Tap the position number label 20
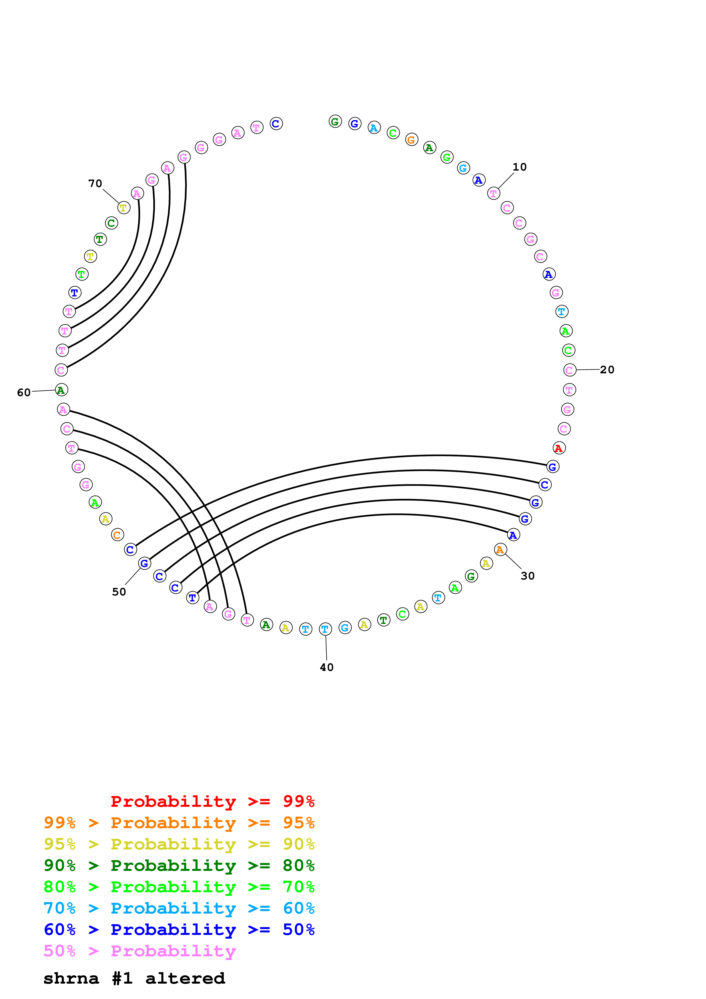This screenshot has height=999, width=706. (x=607, y=370)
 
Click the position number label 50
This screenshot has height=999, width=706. (x=119, y=592)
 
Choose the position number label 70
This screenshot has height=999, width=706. (x=95, y=184)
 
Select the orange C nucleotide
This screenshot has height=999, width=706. (x=117, y=535)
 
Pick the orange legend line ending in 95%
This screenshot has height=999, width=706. (x=179, y=823)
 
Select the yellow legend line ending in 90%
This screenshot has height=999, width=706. (x=179, y=844)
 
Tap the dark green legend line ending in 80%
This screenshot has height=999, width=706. (x=179, y=865)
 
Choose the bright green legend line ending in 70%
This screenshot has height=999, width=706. (x=179, y=887)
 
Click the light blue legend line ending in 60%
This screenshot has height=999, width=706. (x=179, y=908)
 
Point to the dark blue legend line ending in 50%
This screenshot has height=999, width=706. (x=179, y=930)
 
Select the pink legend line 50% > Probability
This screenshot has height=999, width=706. (x=140, y=951)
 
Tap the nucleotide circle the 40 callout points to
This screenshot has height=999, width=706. (x=326, y=629)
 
